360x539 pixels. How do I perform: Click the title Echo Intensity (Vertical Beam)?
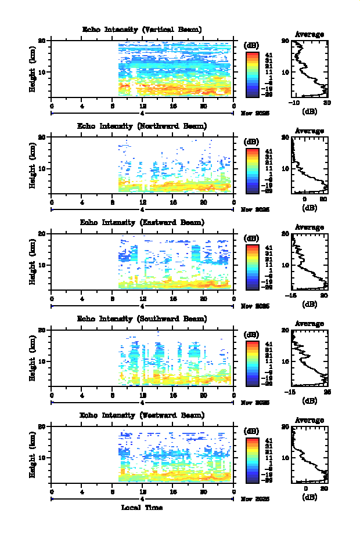(142, 30)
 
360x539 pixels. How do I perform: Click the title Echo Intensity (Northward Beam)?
(142, 126)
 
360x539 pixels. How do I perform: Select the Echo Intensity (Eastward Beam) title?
(142, 222)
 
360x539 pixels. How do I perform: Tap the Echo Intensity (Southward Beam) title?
(142, 319)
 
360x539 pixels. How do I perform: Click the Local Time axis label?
(142, 508)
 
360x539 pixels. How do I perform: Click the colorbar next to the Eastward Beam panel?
(252, 266)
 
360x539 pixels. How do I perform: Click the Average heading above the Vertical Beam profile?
(309, 35)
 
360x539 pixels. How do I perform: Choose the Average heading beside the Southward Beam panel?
(309, 324)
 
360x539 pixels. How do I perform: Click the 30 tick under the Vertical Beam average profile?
(327, 103)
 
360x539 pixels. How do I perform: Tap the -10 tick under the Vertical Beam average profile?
(294, 103)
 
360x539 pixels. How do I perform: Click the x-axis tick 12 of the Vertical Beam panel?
(142, 106)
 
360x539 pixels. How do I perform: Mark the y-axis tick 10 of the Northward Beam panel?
(42, 168)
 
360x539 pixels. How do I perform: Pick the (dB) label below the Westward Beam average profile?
(309, 497)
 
